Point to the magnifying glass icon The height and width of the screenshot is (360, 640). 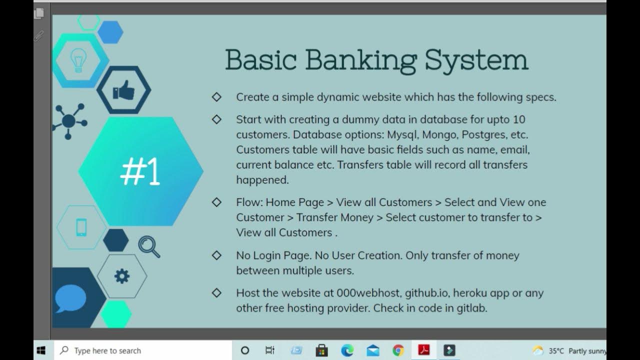coord(149,246)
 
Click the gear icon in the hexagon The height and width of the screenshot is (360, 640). coord(122,276)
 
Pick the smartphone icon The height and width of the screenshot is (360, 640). coord(81,227)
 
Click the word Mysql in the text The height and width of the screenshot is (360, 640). coord(403,134)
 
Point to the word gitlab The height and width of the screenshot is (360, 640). coord(471,308)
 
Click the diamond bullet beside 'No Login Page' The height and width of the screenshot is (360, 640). coord(216,255)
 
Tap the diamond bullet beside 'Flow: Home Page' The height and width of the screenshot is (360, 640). coord(216,202)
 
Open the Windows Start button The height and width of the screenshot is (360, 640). coord(41,350)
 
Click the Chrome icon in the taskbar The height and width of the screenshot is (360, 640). coord(398,350)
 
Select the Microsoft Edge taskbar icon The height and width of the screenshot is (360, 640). coord(347,350)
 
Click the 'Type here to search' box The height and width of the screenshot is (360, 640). coord(145,350)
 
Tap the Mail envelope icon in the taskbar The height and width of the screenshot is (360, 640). coord(373,350)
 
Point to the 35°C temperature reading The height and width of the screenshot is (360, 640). coord(556,350)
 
